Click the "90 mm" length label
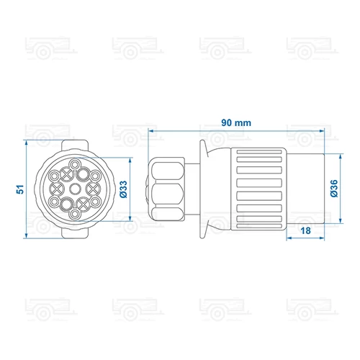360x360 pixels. tap(236, 122)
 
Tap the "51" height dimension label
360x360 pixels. tap(20, 189)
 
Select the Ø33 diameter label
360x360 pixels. tap(123, 189)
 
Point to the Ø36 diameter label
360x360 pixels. tap(334, 189)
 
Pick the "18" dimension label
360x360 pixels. tap(305, 230)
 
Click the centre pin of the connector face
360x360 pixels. tap(75, 189)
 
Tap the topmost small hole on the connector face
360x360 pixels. tap(75, 165)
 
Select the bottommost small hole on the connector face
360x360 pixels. tap(75, 213)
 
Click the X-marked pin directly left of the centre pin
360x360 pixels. tap(57, 189)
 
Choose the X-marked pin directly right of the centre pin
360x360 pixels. tap(93, 189)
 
